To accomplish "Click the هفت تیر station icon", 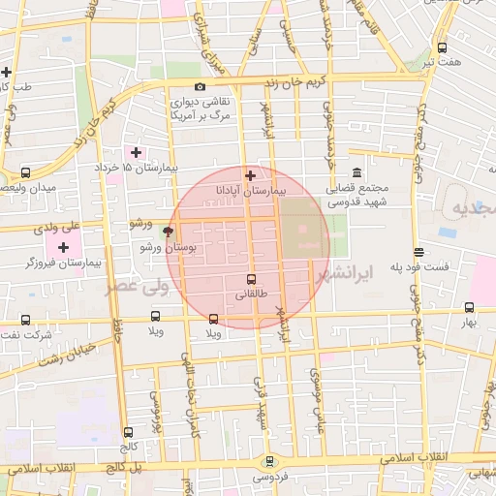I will pyautogui.click(x=443, y=46).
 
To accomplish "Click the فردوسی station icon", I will pyautogui.click(x=268, y=461).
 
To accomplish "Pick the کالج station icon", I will pyautogui.click(x=128, y=432).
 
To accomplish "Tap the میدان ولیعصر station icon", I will pyautogui.click(x=25, y=170).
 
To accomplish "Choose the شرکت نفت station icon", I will pyautogui.click(x=24, y=320).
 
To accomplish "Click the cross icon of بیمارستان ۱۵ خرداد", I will pyautogui.click(x=136, y=152).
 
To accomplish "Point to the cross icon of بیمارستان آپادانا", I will pyautogui.click(x=250, y=175).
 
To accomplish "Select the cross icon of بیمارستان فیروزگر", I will pyautogui.click(x=64, y=247).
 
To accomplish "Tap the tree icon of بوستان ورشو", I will pyautogui.click(x=170, y=232).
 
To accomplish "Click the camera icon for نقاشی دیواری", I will pyautogui.click(x=200, y=87).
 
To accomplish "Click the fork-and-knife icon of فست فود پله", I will pyautogui.click(x=418, y=252).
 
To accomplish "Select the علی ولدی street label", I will pyautogui.click(x=55, y=229).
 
